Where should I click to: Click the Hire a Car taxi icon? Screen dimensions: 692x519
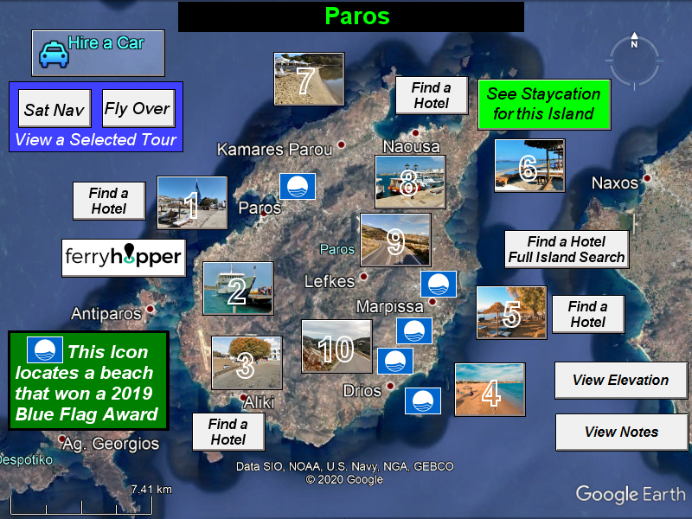54,54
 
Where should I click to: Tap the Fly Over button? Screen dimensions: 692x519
138,109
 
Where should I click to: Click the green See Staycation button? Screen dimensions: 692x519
544,104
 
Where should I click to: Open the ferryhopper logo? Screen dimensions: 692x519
124,258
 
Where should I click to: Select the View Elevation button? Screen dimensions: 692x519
621,381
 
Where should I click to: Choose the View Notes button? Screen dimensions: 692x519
621,432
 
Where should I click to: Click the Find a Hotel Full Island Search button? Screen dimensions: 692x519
567,249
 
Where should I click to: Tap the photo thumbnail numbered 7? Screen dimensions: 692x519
309,79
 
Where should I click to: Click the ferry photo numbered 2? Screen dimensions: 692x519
239,288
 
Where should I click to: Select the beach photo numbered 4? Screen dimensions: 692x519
490,389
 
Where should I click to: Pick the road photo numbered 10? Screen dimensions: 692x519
336,347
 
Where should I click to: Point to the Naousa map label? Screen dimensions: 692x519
411,146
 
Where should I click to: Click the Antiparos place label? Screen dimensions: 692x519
106,314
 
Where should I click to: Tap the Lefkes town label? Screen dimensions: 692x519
330,282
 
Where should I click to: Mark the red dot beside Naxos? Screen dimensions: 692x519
647,178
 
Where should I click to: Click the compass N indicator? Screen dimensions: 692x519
634,41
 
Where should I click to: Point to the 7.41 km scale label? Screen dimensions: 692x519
151,490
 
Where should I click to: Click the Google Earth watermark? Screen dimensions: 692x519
631,494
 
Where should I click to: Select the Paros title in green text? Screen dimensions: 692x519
357,16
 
